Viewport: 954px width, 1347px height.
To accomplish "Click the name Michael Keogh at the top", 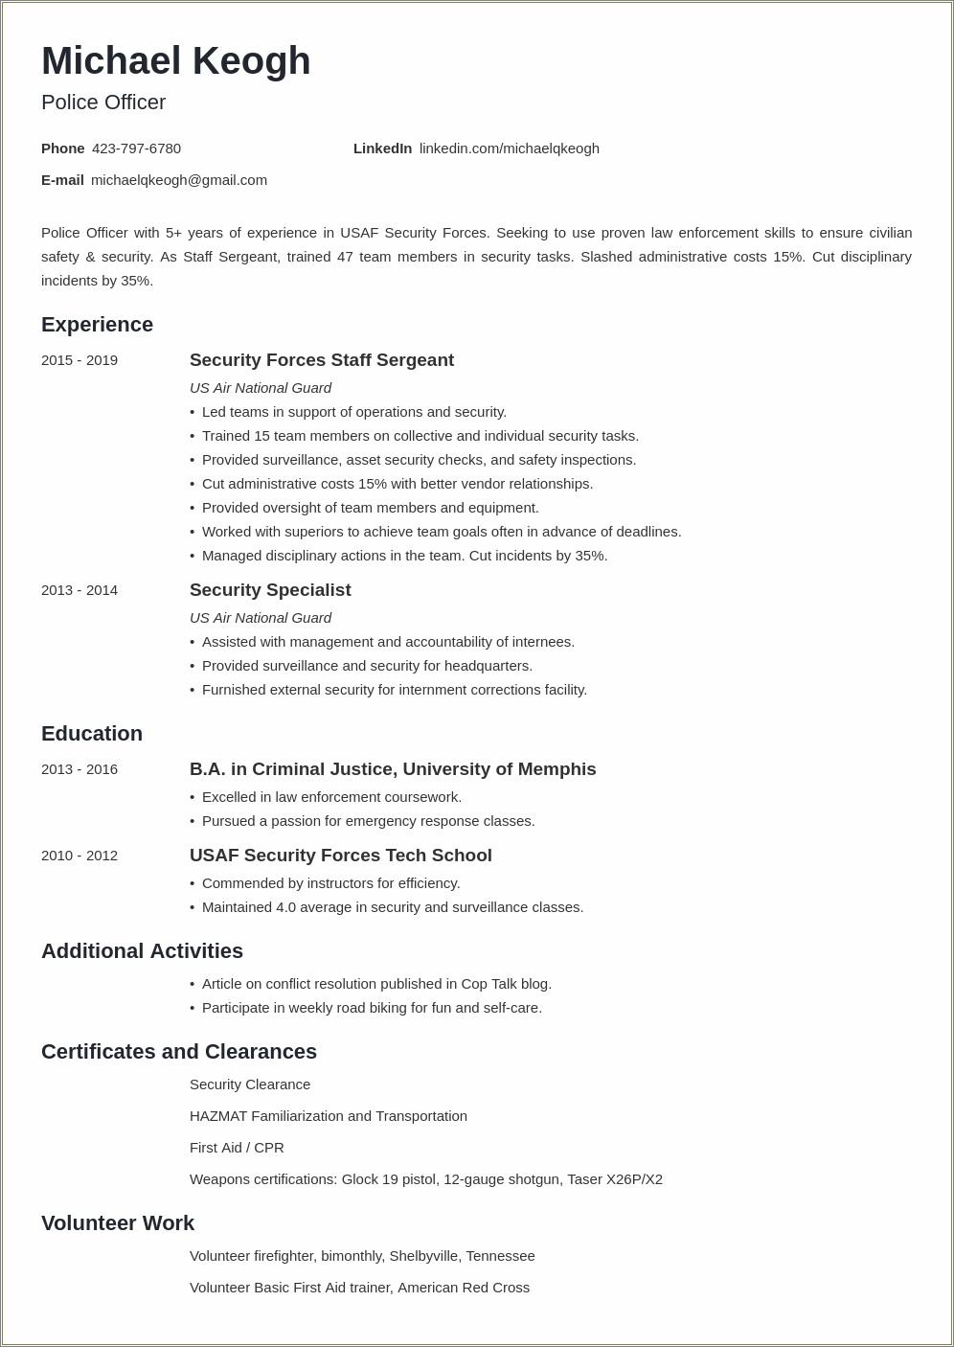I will [175, 61].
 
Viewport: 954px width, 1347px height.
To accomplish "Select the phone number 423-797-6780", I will [136, 148].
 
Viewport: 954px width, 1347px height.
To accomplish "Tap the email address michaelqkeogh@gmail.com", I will [179, 180].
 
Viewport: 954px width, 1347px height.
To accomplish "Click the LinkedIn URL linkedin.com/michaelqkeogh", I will [509, 148].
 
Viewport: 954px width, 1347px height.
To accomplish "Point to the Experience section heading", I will [97, 325].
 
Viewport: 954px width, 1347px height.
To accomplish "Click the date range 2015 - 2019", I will [79, 360].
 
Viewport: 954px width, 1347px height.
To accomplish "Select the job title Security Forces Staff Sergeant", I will [321, 360].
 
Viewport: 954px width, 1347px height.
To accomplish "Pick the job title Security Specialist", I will [270, 590].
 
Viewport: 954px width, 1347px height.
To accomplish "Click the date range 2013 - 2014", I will [79, 590].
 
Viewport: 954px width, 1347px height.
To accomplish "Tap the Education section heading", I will [92, 734].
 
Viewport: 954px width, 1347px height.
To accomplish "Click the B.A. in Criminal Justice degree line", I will [392, 769].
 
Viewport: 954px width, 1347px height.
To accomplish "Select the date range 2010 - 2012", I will [79, 856].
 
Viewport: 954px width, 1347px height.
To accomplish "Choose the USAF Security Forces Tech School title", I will [340, 856].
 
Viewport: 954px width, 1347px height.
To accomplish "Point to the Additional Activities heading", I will [142, 951].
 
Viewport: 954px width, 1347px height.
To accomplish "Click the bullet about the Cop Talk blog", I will [376, 984].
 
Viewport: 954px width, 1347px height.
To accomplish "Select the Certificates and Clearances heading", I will [178, 1052].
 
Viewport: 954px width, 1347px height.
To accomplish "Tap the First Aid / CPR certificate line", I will [237, 1148].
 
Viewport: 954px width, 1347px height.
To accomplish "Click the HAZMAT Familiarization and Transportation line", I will [328, 1116].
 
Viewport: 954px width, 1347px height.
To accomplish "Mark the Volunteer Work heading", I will [117, 1223].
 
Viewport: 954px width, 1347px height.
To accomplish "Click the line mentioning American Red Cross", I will [359, 1288].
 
